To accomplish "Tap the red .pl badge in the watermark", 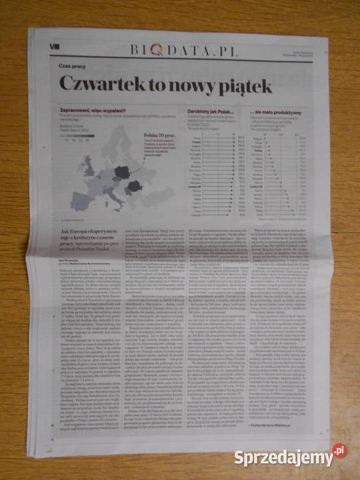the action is [x=340, y=451].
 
